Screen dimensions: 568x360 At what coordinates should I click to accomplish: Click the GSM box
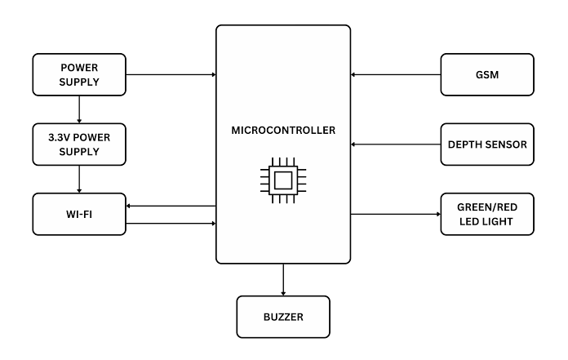point(487,74)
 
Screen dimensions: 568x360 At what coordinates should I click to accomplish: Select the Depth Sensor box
point(487,144)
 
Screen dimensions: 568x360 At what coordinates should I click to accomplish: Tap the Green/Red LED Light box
point(487,214)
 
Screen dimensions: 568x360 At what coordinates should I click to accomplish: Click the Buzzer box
point(283,317)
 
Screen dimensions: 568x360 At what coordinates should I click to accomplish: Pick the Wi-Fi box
point(79,214)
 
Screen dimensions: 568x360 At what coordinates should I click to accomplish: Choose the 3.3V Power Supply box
point(79,144)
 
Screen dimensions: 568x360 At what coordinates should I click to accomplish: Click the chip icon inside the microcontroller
point(283,180)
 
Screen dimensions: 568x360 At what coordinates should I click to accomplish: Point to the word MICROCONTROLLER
point(283,131)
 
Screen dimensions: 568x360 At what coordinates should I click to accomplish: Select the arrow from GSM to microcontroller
point(396,74)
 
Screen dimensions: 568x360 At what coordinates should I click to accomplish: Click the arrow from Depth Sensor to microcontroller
point(396,144)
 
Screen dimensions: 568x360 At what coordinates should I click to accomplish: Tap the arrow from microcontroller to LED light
point(396,214)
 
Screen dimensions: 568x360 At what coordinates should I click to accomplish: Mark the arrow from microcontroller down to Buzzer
point(283,280)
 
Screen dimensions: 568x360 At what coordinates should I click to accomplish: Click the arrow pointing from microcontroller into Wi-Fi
point(171,206)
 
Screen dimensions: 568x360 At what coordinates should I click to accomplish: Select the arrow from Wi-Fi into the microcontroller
point(171,224)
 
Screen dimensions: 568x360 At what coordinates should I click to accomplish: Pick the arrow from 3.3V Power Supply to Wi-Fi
point(79,180)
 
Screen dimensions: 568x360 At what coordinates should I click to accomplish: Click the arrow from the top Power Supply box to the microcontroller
point(171,74)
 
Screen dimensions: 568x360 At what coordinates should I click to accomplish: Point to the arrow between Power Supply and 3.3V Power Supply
point(79,109)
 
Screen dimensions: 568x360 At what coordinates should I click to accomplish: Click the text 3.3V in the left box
point(57,138)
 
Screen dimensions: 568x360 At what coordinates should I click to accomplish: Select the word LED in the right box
point(468,221)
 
